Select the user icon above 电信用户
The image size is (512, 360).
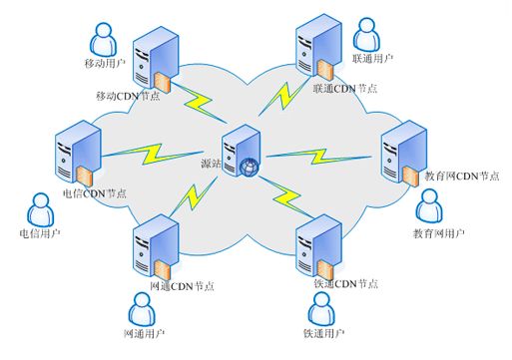[x=39, y=209]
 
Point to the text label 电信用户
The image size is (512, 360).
[x=40, y=235]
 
